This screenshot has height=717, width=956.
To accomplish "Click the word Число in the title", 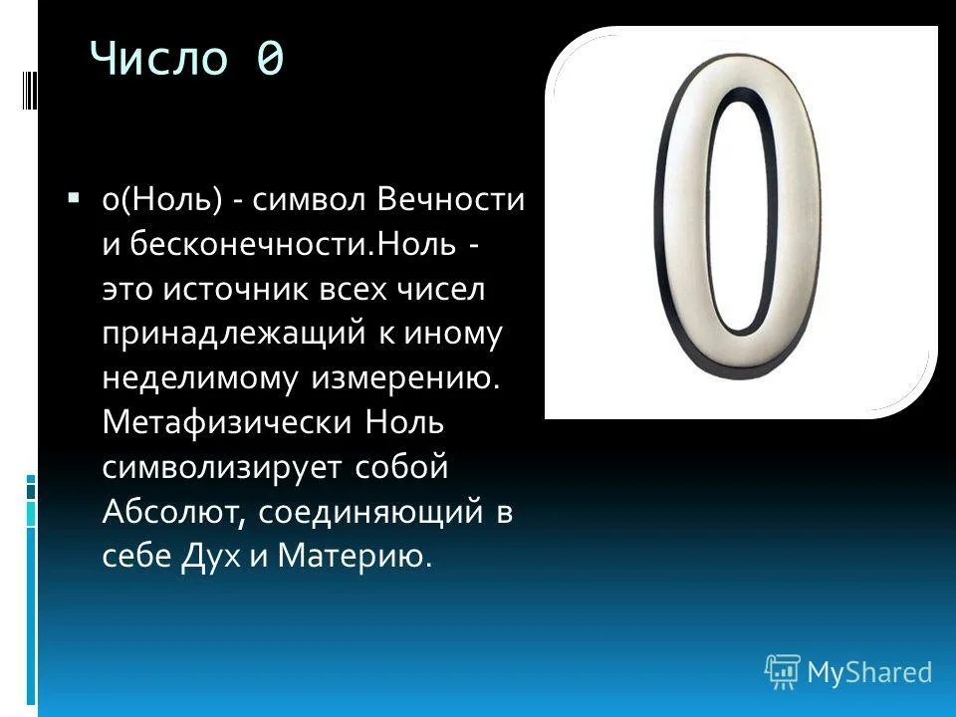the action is [159, 58].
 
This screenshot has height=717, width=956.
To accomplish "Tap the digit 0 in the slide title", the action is [270, 59].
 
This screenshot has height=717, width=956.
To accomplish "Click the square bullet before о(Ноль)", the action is [74, 197].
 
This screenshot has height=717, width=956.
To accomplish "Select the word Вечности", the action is [450, 199].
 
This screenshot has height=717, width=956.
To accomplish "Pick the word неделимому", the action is [200, 378].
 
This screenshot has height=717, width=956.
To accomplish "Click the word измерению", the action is [405, 378].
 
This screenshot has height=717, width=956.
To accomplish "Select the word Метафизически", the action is [227, 422].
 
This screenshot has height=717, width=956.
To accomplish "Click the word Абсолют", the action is [173, 512].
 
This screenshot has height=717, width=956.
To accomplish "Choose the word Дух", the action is [211, 556].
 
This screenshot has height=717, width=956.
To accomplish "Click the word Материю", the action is [355, 556].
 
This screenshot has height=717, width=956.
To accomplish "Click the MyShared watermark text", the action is [869, 672].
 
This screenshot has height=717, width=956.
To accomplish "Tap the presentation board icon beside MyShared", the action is [783, 672].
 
